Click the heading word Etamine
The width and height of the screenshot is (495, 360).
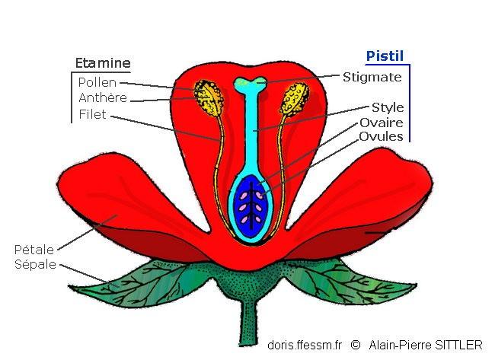click(x=103, y=63)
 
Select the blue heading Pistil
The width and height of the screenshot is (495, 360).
click(x=385, y=56)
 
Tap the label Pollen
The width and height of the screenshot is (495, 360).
click(x=97, y=82)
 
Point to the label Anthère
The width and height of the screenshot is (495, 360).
click(x=102, y=98)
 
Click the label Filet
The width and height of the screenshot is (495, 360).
click(x=92, y=116)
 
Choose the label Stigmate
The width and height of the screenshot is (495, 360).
click(x=372, y=77)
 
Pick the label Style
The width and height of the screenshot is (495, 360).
click(x=387, y=108)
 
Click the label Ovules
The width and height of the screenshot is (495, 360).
click(x=382, y=137)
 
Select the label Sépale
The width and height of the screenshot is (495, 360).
click(x=36, y=264)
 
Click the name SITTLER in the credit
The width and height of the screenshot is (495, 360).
click(x=457, y=345)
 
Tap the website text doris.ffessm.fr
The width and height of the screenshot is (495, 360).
click(x=305, y=345)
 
